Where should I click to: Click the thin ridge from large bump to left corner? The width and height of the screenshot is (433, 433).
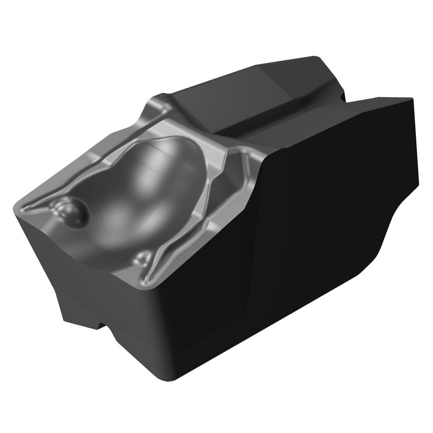(x=41, y=205)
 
